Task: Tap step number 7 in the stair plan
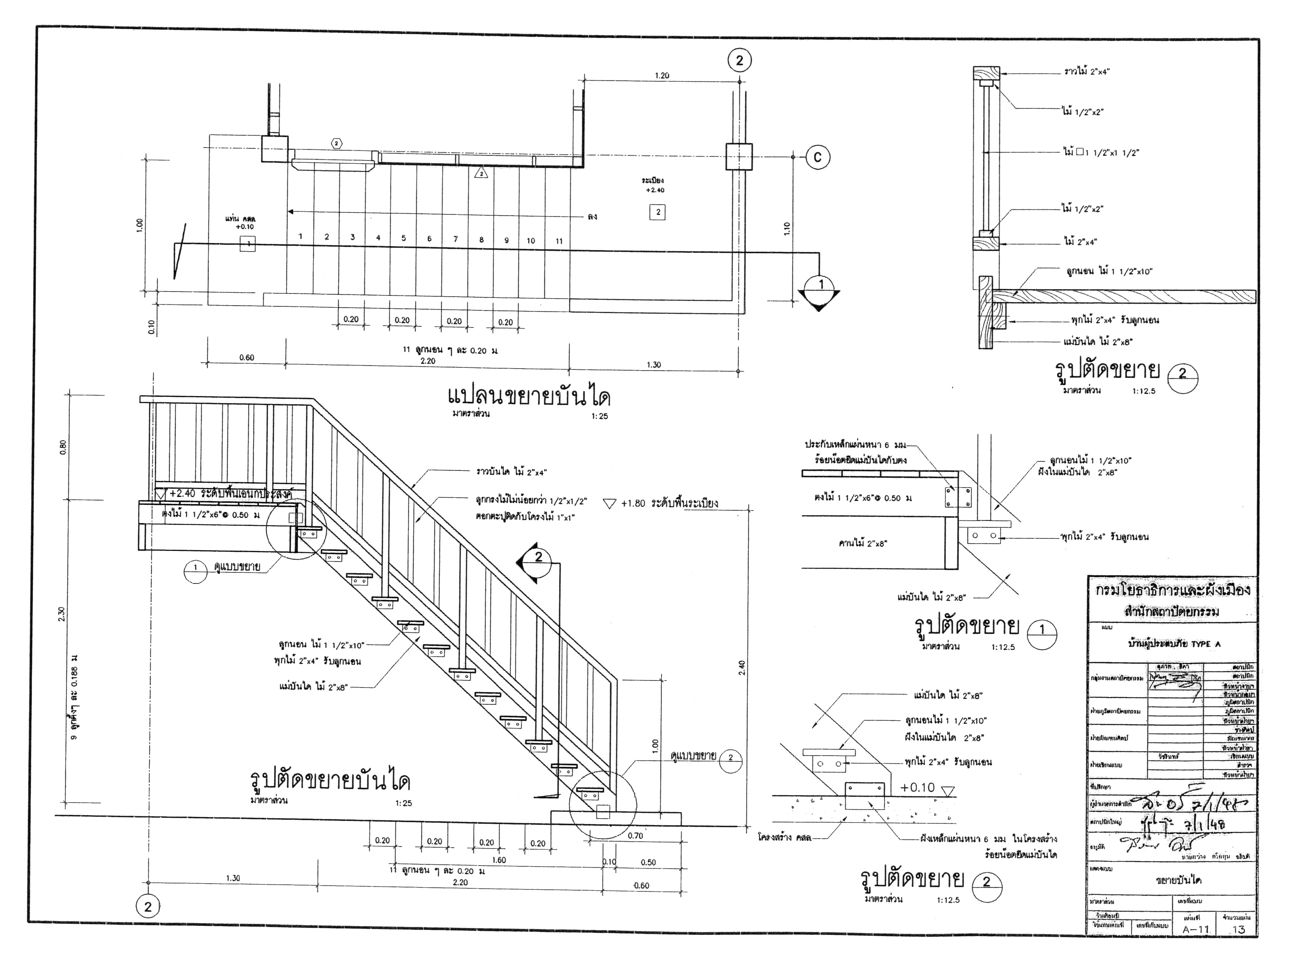[455, 239]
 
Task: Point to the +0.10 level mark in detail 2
[917, 788]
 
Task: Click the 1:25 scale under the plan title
[599, 416]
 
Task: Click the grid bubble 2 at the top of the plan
[739, 60]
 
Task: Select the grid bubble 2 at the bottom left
[147, 907]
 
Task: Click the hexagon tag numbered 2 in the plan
[337, 144]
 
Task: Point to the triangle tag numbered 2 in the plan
[481, 173]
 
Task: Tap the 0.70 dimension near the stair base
[635, 836]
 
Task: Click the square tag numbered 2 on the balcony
[658, 212]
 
